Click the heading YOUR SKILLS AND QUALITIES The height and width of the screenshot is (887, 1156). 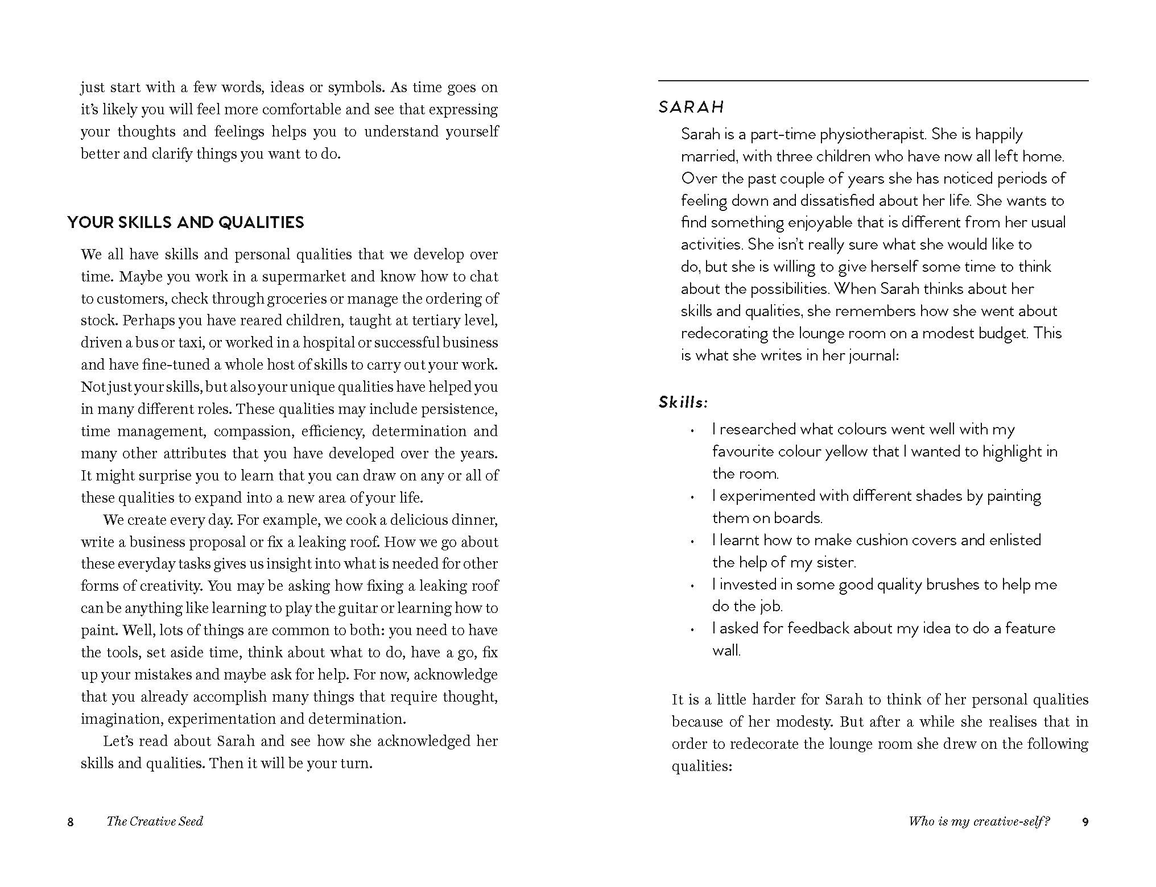click(x=185, y=222)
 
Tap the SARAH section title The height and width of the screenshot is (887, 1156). click(x=691, y=107)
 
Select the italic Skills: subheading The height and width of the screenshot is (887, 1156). click(x=683, y=403)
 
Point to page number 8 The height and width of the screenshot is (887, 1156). click(x=71, y=822)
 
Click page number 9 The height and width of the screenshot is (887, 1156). click(x=1085, y=822)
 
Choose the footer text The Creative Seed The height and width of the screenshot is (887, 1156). click(x=155, y=822)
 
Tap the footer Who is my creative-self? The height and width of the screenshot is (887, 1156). click(x=979, y=822)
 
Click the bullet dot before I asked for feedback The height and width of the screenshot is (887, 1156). click(x=692, y=630)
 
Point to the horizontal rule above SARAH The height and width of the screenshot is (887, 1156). click(x=873, y=81)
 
